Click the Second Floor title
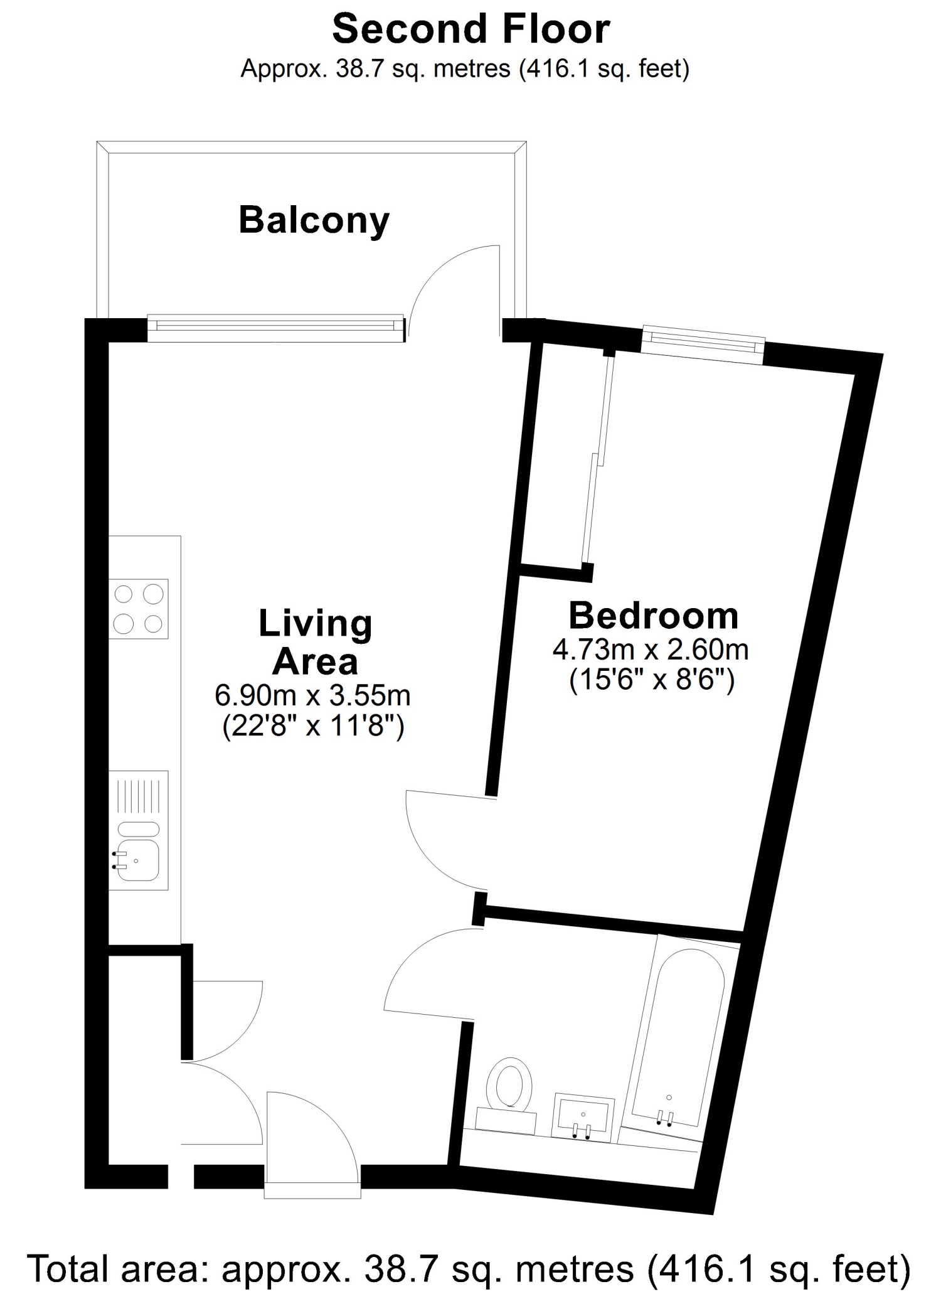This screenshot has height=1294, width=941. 471,29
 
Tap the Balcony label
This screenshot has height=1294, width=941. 314,221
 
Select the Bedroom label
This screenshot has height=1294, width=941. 654,616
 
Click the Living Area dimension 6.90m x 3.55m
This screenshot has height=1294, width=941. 313,695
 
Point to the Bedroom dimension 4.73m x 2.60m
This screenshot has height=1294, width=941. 651,649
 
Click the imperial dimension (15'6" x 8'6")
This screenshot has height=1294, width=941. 652,680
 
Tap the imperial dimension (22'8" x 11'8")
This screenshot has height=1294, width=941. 313,727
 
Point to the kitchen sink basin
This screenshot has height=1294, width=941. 138,859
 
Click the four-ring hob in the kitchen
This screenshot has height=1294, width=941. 139,609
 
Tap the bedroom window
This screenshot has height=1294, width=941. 703,345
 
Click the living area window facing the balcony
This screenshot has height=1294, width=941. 277,328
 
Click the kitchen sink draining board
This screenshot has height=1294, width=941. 139,796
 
